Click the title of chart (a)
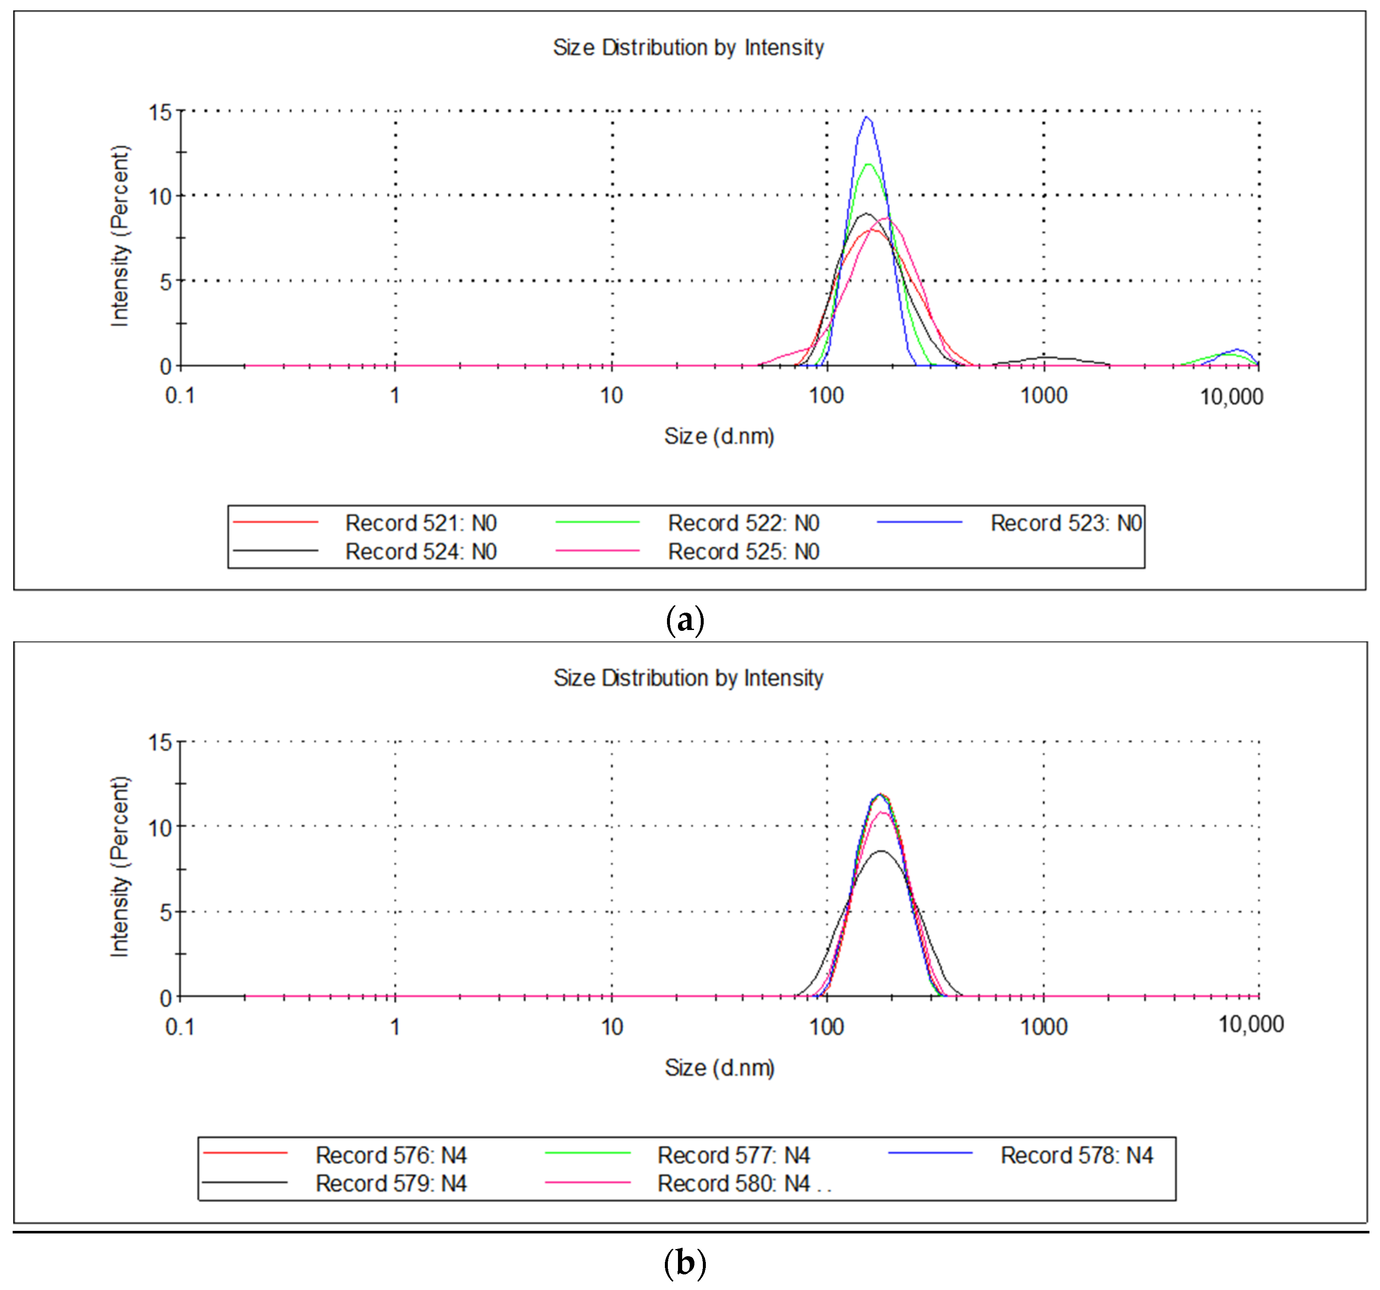click(x=688, y=48)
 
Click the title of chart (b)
click(x=688, y=678)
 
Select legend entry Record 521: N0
click(x=420, y=523)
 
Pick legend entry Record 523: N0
click(x=1066, y=523)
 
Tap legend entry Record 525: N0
click(x=743, y=551)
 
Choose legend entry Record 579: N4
click(x=391, y=1183)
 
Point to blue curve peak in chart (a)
click(x=867, y=118)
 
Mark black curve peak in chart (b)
click(x=881, y=851)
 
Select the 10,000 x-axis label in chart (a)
click(x=1231, y=397)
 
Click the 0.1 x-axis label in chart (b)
click(x=180, y=1027)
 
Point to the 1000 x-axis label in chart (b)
click(x=1043, y=1027)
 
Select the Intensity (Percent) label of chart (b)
click(x=119, y=866)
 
